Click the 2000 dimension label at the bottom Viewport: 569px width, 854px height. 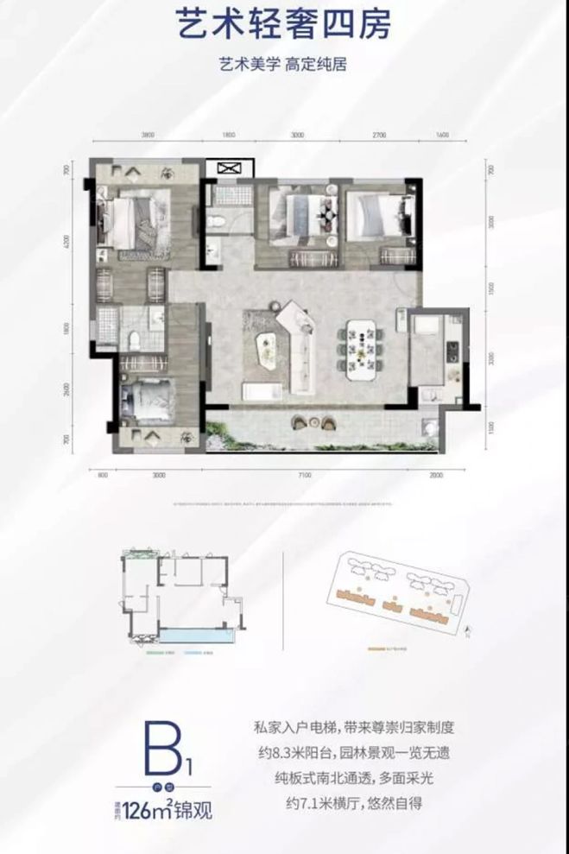[x=435, y=474]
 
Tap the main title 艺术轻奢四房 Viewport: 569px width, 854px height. [x=284, y=26]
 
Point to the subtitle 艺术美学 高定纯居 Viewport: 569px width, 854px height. [x=284, y=67]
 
